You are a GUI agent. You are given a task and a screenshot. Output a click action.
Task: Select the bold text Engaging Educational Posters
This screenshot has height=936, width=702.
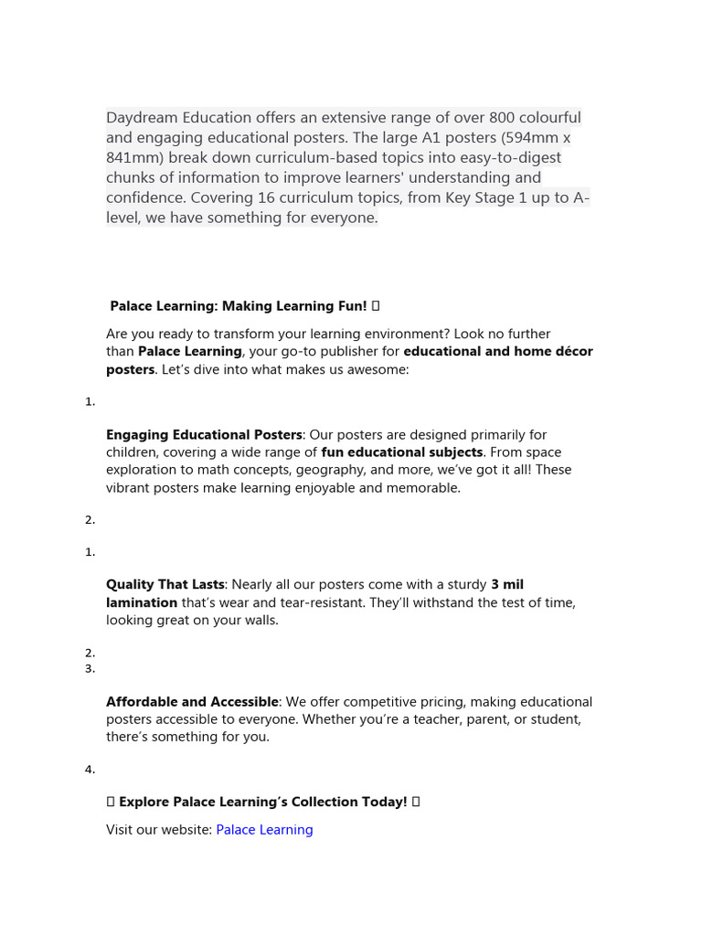pos(204,435)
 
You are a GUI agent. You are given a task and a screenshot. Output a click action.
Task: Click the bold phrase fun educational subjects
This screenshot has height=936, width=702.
pos(402,452)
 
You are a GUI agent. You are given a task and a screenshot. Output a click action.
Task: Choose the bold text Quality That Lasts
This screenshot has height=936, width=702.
pos(165,585)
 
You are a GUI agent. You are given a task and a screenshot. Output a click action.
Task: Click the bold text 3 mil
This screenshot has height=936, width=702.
pos(507,585)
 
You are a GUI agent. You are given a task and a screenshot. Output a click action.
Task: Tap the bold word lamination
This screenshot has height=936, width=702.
pos(142,602)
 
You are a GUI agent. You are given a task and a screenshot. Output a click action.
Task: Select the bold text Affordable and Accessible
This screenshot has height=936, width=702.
pos(192,702)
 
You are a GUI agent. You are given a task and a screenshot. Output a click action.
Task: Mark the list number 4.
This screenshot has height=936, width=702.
pos(90,770)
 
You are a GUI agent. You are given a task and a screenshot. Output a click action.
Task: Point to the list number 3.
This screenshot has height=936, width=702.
pos(90,669)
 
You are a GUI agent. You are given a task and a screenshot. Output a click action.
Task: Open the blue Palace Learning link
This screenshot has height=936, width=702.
pos(264,830)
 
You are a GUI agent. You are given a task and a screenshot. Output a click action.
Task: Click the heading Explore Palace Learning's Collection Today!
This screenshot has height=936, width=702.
pos(262,802)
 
